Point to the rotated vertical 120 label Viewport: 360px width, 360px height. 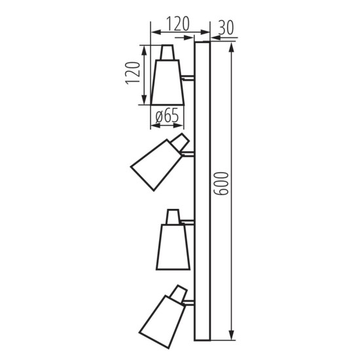pos(133,74)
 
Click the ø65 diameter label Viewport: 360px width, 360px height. pos(168,116)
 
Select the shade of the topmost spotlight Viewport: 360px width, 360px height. pos(168,82)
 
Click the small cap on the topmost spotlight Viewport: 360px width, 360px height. pos(168,52)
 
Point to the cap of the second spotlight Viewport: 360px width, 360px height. pos(180,141)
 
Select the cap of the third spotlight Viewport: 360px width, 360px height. pos(173,217)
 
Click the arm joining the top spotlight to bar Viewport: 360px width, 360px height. pos(189,77)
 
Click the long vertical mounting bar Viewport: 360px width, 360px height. pos(202,190)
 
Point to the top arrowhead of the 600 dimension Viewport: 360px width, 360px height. pos(231,48)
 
